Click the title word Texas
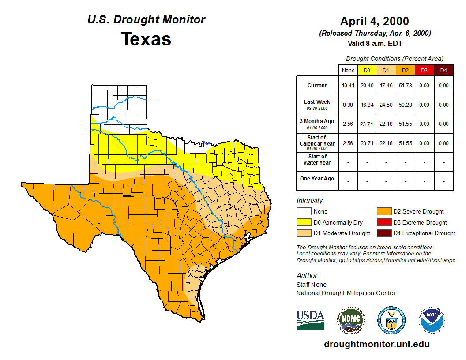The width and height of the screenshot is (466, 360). click(x=146, y=39)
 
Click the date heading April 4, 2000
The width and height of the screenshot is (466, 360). click(x=374, y=21)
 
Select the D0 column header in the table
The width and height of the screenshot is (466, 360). click(x=367, y=70)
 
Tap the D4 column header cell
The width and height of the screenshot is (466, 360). click(x=443, y=70)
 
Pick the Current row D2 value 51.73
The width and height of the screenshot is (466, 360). click(x=405, y=86)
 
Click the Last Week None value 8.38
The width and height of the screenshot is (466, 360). click(x=348, y=105)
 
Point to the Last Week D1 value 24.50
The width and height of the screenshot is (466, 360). click(x=386, y=105)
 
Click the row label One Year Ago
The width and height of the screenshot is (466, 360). click(x=317, y=179)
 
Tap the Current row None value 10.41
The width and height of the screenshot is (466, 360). click(x=348, y=86)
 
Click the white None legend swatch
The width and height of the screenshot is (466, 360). click(x=303, y=212)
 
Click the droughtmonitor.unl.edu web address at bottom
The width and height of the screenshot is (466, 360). click(x=376, y=344)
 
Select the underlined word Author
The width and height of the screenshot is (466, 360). click(x=307, y=276)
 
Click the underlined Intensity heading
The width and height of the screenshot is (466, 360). click(x=310, y=200)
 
